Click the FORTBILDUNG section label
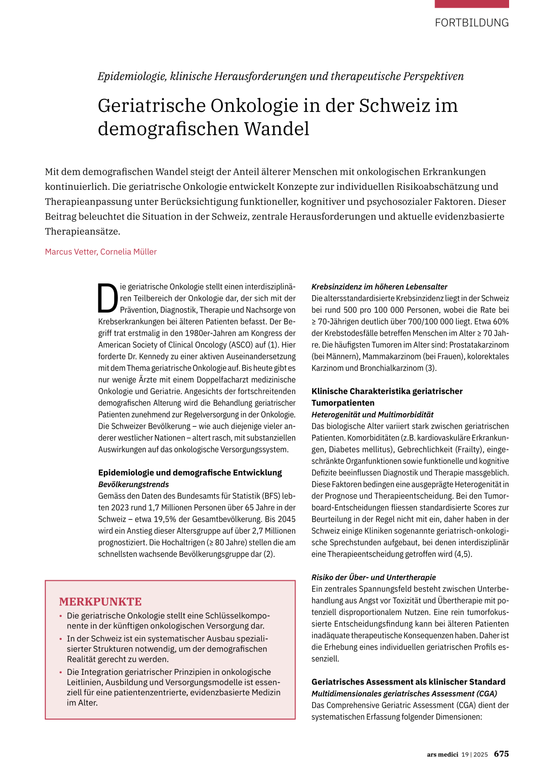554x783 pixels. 471,23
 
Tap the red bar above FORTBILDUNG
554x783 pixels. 471,4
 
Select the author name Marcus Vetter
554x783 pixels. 70,252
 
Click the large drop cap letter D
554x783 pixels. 108,298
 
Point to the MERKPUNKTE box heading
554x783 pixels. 100,602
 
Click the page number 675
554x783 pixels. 501,754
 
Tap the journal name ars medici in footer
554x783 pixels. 442,754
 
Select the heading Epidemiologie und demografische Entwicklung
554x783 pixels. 190,473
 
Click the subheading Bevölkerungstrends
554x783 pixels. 133,485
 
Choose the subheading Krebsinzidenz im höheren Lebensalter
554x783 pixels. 379,287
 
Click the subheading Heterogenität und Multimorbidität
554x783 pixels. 372,415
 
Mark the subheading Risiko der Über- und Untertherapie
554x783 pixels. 373,578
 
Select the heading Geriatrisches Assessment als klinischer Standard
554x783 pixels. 408,682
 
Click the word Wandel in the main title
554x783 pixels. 276,129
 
